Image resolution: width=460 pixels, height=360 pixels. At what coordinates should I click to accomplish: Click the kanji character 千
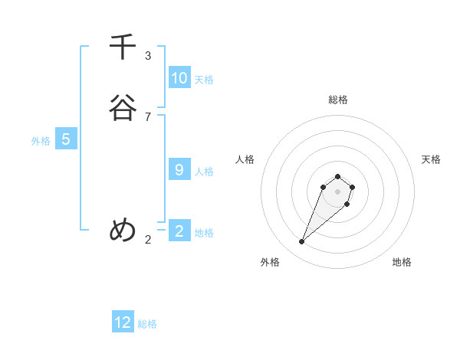tap(123, 47)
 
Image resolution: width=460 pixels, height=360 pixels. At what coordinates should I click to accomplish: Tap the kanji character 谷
tap(123, 108)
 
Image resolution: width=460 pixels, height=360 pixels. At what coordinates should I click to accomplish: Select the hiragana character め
tap(123, 230)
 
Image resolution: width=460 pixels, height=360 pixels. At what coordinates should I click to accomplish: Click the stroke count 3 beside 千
tap(148, 56)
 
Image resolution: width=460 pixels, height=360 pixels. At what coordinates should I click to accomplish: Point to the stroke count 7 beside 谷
tap(148, 116)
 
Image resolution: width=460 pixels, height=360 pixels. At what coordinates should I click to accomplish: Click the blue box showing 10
tap(179, 77)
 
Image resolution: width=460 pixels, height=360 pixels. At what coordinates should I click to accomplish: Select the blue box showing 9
tap(179, 169)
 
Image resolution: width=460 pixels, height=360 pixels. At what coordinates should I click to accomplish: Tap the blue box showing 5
tap(66, 139)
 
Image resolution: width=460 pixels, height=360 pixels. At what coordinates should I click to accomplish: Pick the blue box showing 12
tap(123, 322)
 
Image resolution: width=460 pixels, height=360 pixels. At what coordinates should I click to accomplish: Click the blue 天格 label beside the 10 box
tap(204, 80)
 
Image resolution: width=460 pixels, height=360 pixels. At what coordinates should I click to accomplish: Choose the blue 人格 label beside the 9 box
tap(204, 172)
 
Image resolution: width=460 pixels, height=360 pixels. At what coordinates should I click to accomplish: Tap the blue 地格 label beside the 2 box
tap(204, 233)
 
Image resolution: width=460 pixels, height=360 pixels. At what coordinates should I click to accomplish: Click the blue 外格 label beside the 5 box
tap(41, 141)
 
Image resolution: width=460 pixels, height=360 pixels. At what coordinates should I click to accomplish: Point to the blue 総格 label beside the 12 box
tap(147, 324)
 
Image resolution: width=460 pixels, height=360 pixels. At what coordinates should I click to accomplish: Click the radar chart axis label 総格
tap(338, 100)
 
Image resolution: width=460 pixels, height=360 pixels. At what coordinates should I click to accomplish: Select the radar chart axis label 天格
tap(431, 159)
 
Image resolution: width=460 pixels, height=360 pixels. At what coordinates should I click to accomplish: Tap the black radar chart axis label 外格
tap(270, 262)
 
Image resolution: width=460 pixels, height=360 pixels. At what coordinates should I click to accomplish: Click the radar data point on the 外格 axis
tap(302, 242)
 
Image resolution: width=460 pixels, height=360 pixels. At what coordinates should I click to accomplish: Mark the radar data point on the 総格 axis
tap(338, 174)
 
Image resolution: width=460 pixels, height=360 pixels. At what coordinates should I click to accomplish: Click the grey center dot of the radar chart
tap(338, 191)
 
